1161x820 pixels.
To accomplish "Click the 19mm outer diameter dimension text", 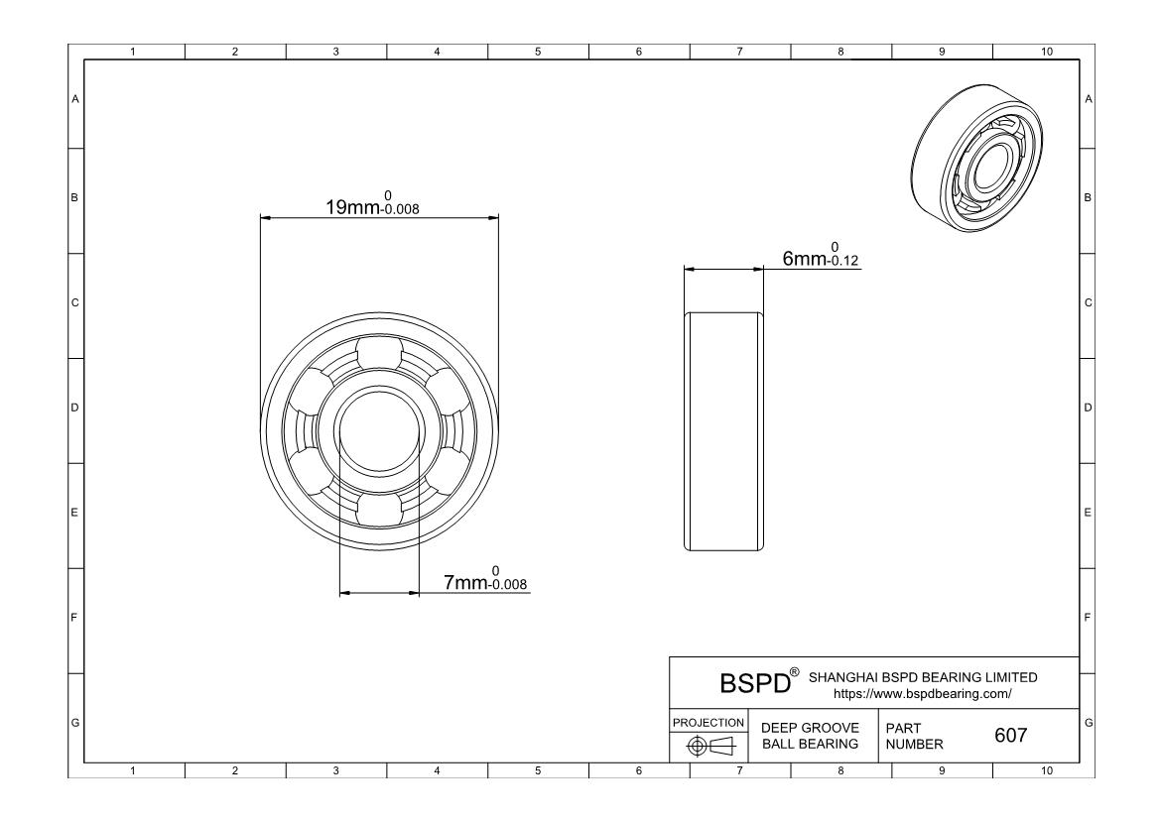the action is [372, 203].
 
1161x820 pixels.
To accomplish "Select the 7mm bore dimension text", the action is [485, 579].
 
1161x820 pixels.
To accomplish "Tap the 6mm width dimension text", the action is [821, 255].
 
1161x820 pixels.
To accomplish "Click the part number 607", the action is [1011, 735].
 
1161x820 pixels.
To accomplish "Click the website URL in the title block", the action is [923, 694].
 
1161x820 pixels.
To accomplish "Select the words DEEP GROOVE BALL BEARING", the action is [810, 736].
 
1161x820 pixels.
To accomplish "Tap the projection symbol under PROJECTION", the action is [710, 746].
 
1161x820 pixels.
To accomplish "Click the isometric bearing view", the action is [976, 159].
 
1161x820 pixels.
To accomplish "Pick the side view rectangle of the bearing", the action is [723, 431].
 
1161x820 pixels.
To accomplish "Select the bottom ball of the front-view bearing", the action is [379, 510].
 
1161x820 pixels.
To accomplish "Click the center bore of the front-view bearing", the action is [379, 431].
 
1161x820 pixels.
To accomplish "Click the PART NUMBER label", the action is [915, 736].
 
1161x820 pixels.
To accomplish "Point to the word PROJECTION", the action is [709, 722].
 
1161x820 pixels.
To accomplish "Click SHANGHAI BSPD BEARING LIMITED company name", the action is [923, 677].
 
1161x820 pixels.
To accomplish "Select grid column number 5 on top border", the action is [538, 52].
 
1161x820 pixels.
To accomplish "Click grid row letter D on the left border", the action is [74, 408].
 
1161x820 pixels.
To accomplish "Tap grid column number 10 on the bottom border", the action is [1046, 771].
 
